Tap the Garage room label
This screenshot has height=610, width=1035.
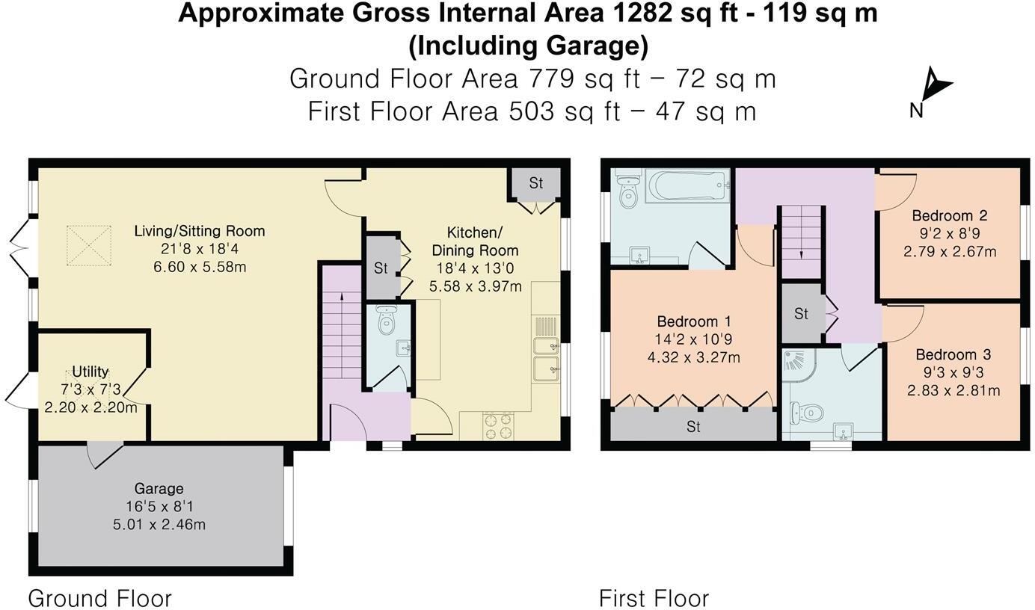(x=159, y=488)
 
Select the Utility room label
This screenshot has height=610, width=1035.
(x=90, y=372)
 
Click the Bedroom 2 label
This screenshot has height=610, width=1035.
(x=950, y=215)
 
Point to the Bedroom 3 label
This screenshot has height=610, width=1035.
(x=953, y=354)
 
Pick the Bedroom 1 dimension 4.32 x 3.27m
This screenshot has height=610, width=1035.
(x=693, y=357)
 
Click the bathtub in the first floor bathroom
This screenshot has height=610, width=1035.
(x=687, y=185)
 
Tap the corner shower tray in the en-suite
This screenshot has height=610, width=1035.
(x=799, y=366)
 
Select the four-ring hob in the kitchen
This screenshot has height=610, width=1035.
(x=498, y=426)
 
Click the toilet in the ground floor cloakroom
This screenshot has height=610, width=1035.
(x=387, y=319)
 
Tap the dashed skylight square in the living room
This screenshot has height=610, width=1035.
(x=89, y=245)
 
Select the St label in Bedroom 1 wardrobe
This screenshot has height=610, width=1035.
(x=693, y=426)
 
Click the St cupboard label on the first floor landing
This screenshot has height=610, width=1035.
(x=801, y=313)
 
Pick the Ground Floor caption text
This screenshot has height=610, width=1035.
(x=99, y=598)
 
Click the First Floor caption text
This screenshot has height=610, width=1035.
(x=654, y=598)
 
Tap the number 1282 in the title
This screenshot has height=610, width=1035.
(x=642, y=13)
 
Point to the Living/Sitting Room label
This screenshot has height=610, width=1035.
(x=200, y=231)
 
